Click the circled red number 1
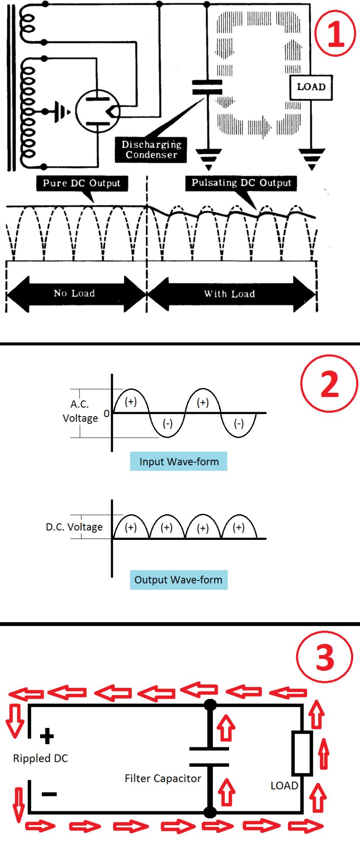(335, 32)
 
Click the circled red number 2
(329, 383)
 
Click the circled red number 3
(325, 658)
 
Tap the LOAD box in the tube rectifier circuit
(311, 87)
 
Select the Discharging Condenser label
(151, 149)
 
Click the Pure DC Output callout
(81, 183)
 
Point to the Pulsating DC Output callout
(241, 183)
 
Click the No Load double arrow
(75, 293)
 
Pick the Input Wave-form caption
(179, 462)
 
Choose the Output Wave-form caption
(179, 580)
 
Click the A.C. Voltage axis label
(80, 411)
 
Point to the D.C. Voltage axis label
(74, 527)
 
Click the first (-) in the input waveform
(167, 423)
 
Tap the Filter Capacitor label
(162, 778)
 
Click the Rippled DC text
(40, 759)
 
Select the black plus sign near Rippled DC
(47, 736)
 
